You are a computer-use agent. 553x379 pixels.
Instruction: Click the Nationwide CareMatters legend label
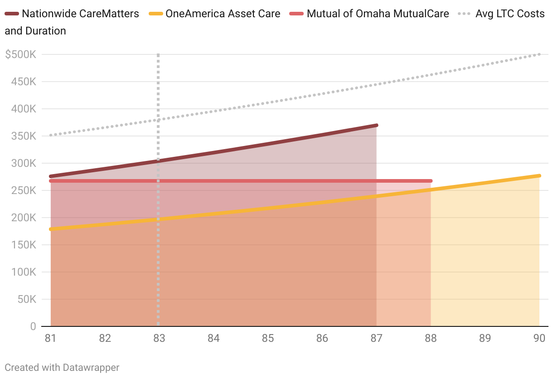pyautogui.click(x=80, y=14)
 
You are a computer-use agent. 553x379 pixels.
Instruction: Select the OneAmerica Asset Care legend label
pyautogui.click(x=223, y=14)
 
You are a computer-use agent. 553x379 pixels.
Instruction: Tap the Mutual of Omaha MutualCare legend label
pyautogui.click(x=378, y=14)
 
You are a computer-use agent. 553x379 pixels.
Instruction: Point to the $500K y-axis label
pyautogui.click(x=21, y=54)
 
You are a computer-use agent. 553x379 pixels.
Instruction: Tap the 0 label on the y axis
pyautogui.click(x=33, y=326)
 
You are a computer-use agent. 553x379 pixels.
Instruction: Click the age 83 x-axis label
pyautogui.click(x=159, y=339)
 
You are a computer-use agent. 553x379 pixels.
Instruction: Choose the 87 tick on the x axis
pyautogui.click(x=376, y=339)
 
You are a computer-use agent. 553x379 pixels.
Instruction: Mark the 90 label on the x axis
pyautogui.click(x=539, y=339)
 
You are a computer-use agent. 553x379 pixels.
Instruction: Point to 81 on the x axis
pyautogui.click(x=50, y=339)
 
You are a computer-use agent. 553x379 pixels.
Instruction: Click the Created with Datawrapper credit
pyautogui.click(x=62, y=367)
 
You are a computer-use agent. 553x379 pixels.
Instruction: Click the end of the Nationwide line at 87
pyautogui.click(x=376, y=125)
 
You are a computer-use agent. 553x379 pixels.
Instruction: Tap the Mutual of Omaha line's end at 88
pyautogui.click(x=431, y=181)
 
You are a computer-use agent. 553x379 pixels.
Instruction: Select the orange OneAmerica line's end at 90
pyautogui.click(x=539, y=175)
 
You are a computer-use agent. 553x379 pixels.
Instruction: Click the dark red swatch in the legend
pyautogui.click(x=12, y=14)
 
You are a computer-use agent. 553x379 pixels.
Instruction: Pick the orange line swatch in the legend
pyautogui.click(x=155, y=14)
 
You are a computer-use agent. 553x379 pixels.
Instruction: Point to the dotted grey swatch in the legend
pyautogui.click(x=465, y=14)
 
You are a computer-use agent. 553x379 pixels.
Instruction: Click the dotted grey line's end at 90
pyautogui.click(x=539, y=54)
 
